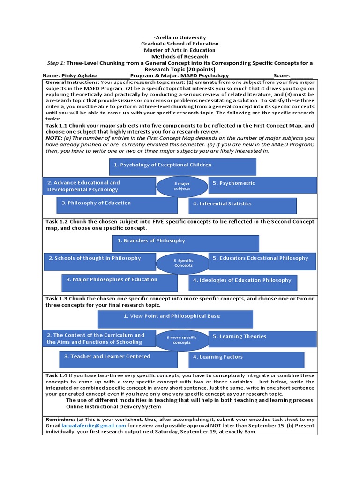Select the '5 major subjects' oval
pyautogui.click(x=182, y=186)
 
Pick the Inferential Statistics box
pyautogui.click(x=242, y=205)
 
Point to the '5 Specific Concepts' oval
pyautogui.click(x=183, y=262)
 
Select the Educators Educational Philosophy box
pyautogui.click(x=261, y=260)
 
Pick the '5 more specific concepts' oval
pyautogui.click(x=182, y=340)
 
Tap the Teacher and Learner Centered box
pyautogui.click(x=119, y=358)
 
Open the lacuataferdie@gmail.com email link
pyautogui.click(x=94, y=425)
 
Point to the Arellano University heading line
pyautogui.click(x=180, y=37)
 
